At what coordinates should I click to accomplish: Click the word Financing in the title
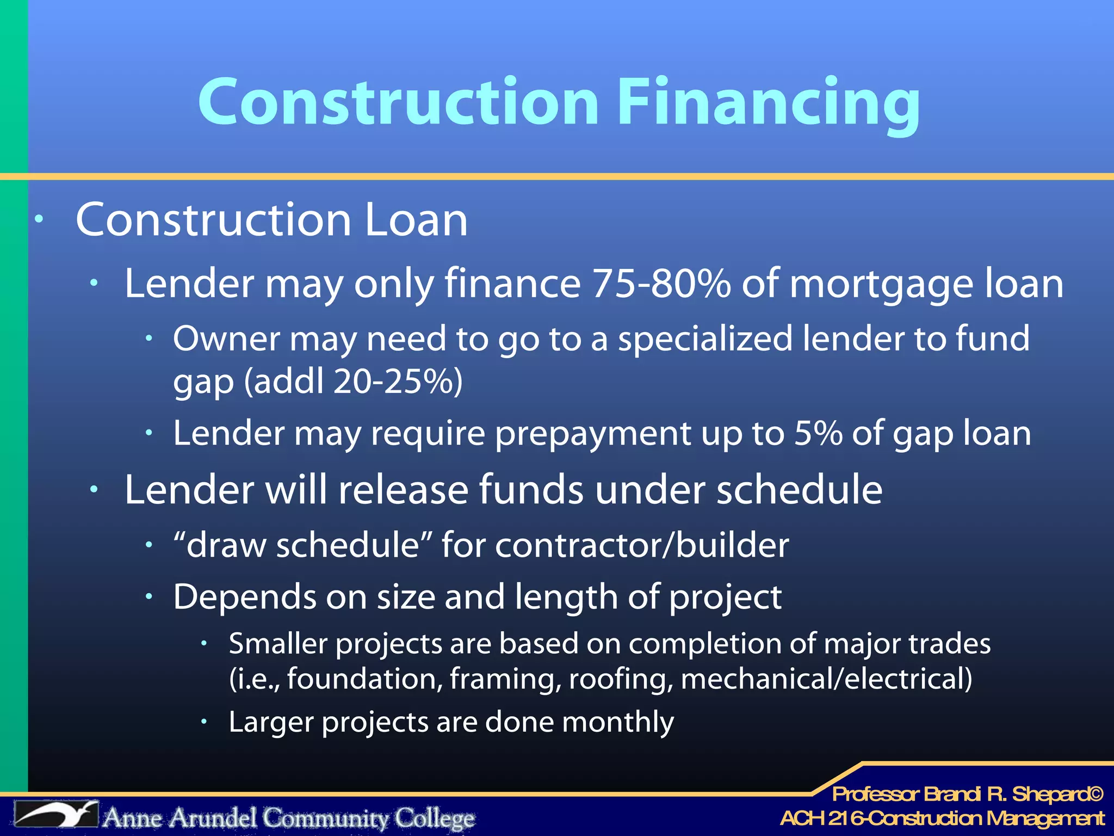[768, 102]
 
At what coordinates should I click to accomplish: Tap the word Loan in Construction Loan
[416, 220]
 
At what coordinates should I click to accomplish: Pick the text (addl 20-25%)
[353, 381]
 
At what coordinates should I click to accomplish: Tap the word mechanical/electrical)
[826, 679]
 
